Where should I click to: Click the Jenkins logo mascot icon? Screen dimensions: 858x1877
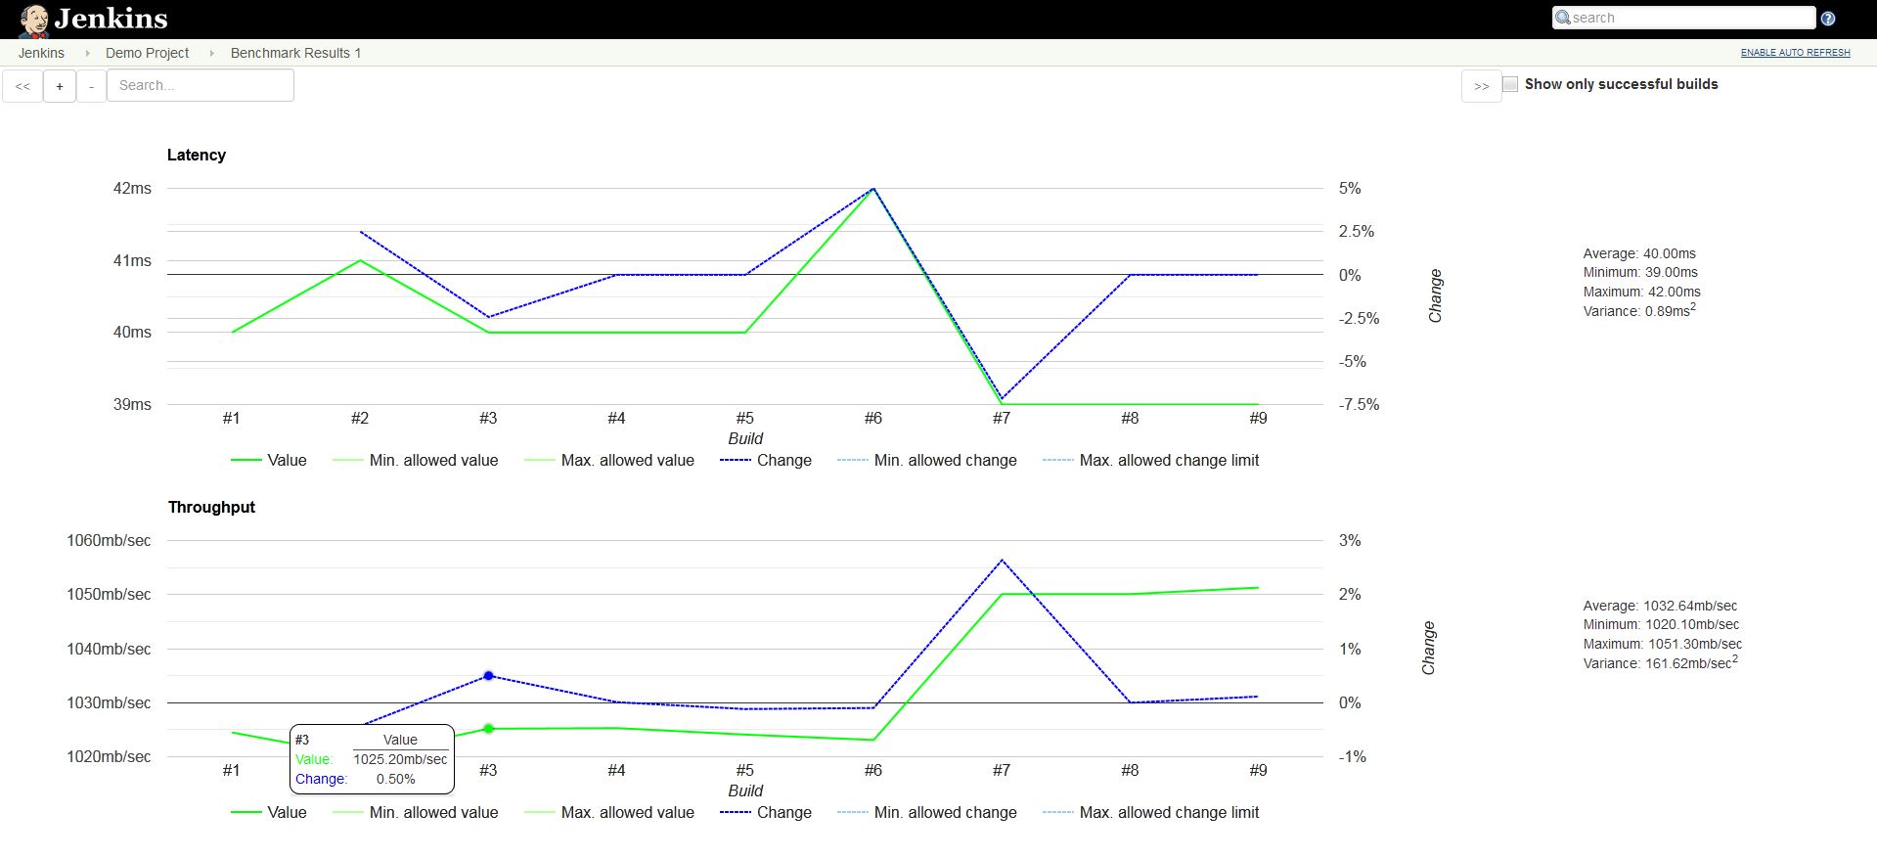pos(33,20)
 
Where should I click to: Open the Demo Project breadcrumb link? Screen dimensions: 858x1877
pos(147,53)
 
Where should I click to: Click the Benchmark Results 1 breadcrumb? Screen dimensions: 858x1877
pos(295,53)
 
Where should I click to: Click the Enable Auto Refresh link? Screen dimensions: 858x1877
pos(1795,53)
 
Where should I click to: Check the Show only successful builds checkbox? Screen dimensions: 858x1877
pos(1510,84)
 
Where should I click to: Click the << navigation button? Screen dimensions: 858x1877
pos(22,86)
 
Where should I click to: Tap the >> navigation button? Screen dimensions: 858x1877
pos(1481,86)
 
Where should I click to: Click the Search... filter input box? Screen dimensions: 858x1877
pos(200,85)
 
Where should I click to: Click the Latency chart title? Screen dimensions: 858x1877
pos(196,155)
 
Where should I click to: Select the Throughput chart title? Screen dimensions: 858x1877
pos(211,507)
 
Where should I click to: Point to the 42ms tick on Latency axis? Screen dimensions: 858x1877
pos(132,188)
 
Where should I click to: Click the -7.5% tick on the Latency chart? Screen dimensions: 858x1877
pos(1359,404)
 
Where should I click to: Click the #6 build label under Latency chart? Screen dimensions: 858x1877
pos(872,418)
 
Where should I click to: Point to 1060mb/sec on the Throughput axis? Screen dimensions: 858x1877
pos(109,540)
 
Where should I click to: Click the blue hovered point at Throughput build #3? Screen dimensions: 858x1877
pos(489,676)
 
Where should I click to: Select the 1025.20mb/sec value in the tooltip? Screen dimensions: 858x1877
pos(400,759)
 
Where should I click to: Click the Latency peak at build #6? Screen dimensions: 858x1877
pos(873,189)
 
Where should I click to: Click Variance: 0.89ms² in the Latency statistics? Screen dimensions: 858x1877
pos(1638,311)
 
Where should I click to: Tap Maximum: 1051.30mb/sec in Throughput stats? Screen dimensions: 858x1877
pos(1662,644)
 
